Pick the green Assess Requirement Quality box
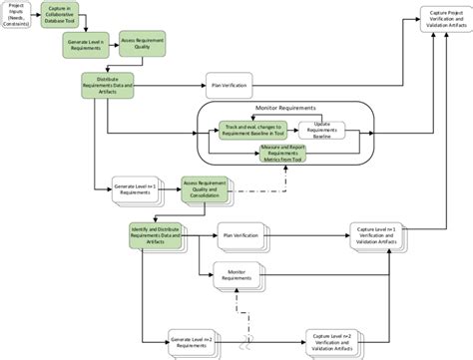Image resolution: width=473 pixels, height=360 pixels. click(142, 46)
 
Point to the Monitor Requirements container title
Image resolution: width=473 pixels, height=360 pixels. click(286, 107)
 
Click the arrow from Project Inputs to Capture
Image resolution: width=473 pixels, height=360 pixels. click(40, 17)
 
